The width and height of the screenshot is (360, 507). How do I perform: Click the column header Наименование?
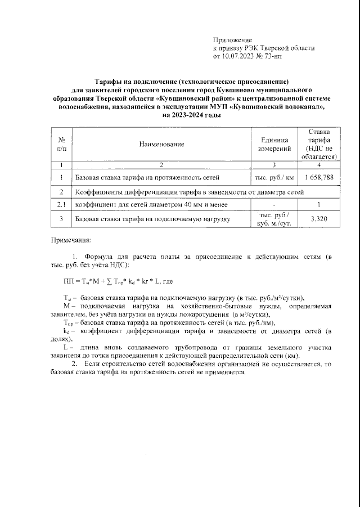pos(162,145)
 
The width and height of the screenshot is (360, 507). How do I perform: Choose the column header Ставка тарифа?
pos(319,144)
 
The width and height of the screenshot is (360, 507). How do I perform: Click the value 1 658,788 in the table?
pos(319,177)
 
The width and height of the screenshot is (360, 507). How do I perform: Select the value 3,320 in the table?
pos(319,220)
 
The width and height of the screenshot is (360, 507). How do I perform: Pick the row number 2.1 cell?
pos(61,205)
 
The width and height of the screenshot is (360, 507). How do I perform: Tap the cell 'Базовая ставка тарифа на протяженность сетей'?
pos(147,177)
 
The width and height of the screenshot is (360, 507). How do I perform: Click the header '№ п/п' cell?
pos(61,145)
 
